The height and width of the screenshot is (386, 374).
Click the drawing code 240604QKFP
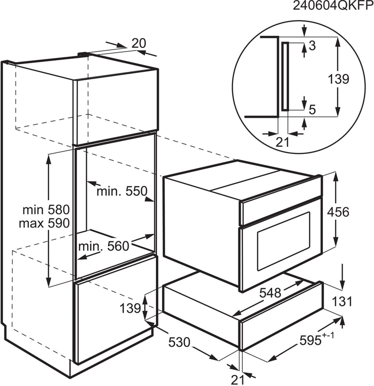[333, 5]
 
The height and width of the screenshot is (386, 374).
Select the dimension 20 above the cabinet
[139, 43]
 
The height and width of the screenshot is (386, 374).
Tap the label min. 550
[122, 191]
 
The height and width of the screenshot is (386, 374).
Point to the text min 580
[46, 210]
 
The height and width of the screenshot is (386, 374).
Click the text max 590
[44, 223]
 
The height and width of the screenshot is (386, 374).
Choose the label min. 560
[104, 246]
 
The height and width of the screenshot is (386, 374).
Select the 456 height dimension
[338, 212]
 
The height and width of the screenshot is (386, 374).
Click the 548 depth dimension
[270, 293]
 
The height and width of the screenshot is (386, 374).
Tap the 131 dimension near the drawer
[342, 302]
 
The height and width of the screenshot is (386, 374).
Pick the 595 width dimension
[317, 340]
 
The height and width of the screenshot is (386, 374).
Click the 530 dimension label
[179, 342]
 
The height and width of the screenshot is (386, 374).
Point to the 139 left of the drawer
[130, 308]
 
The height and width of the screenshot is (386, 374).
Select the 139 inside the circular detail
[339, 79]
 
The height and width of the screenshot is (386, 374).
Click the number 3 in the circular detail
[312, 46]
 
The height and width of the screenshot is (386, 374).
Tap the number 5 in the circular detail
[312, 110]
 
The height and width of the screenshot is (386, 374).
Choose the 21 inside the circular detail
[282, 142]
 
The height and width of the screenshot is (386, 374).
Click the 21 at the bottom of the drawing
[237, 380]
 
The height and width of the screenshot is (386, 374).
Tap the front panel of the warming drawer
[281, 316]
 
